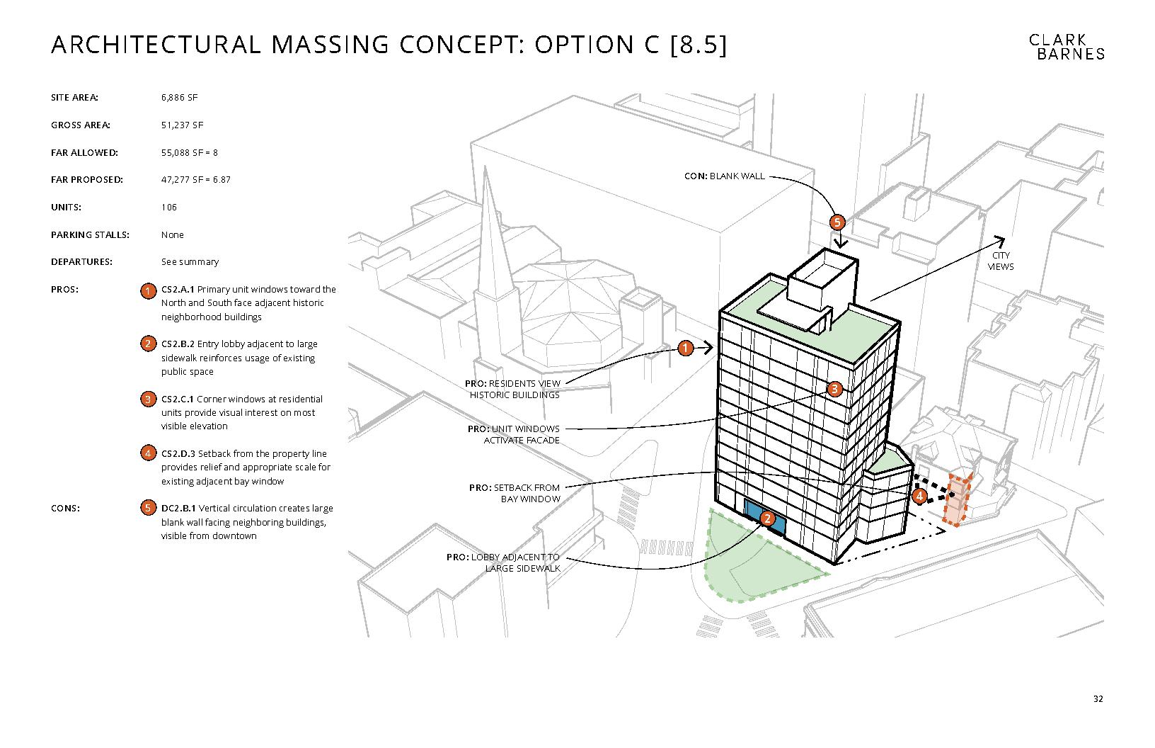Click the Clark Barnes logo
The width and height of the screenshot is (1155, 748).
coord(1067,47)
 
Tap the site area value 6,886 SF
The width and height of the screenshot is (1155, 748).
coord(180,98)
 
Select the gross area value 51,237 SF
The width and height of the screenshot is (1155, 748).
coord(182,125)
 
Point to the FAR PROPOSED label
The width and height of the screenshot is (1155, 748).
coord(86,180)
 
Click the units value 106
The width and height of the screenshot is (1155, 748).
coord(168,207)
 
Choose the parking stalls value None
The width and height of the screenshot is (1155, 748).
coord(172,235)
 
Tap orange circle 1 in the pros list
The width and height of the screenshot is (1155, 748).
coord(148,291)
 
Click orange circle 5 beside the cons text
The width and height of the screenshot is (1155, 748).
coord(148,508)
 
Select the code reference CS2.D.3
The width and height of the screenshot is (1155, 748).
coord(178,454)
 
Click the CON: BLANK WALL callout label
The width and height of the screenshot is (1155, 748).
coord(725,176)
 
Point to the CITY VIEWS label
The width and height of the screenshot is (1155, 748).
coord(1000,261)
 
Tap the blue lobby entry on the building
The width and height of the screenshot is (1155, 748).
coord(764,517)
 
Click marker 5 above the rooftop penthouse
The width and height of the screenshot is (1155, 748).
coord(837,222)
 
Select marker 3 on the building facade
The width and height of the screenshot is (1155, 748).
coord(834,389)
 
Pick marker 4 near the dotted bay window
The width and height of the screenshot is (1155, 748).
coord(919,496)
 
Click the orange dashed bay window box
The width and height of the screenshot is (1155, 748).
coord(957,499)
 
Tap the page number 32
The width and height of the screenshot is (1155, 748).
coord(1098,699)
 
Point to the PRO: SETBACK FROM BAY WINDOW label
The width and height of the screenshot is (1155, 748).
coord(514,494)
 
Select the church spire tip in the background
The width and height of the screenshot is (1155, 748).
coord(485,167)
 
